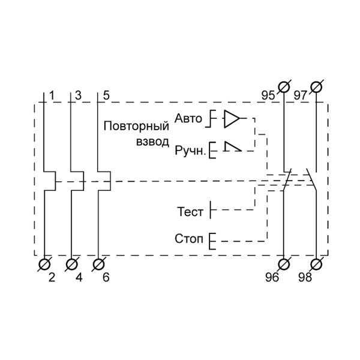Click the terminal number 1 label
pyautogui.click(x=52, y=96)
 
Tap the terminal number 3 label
pyautogui.click(x=79, y=96)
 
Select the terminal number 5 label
pyautogui.click(x=106, y=96)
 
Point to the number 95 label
pyautogui.click(x=268, y=96)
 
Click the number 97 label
pyautogui.click(x=301, y=96)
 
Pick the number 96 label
pyautogui.click(x=272, y=278)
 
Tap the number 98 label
pyautogui.click(x=305, y=278)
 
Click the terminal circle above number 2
pyautogui.click(x=44, y=264)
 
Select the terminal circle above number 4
pyautogui.click(x=71, y=264)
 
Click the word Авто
pyautogui.click(x=188, y=119)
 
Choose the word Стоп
pyautogui.click(x=190, y=240)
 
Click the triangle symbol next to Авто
pyautogui.click(x=232, y=119)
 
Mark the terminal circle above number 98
pyautogui.click(x=316, y=264)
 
